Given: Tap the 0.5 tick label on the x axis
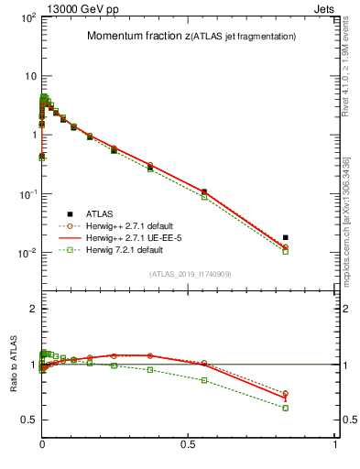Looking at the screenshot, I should [x=189, y=443].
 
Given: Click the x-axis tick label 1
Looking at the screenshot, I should [x=335, y=443].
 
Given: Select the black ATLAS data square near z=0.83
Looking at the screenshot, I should [x=286, y=237].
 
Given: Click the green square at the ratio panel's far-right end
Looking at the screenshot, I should [x=286, y=408].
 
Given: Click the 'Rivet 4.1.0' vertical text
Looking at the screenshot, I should [x=352, y=64].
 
